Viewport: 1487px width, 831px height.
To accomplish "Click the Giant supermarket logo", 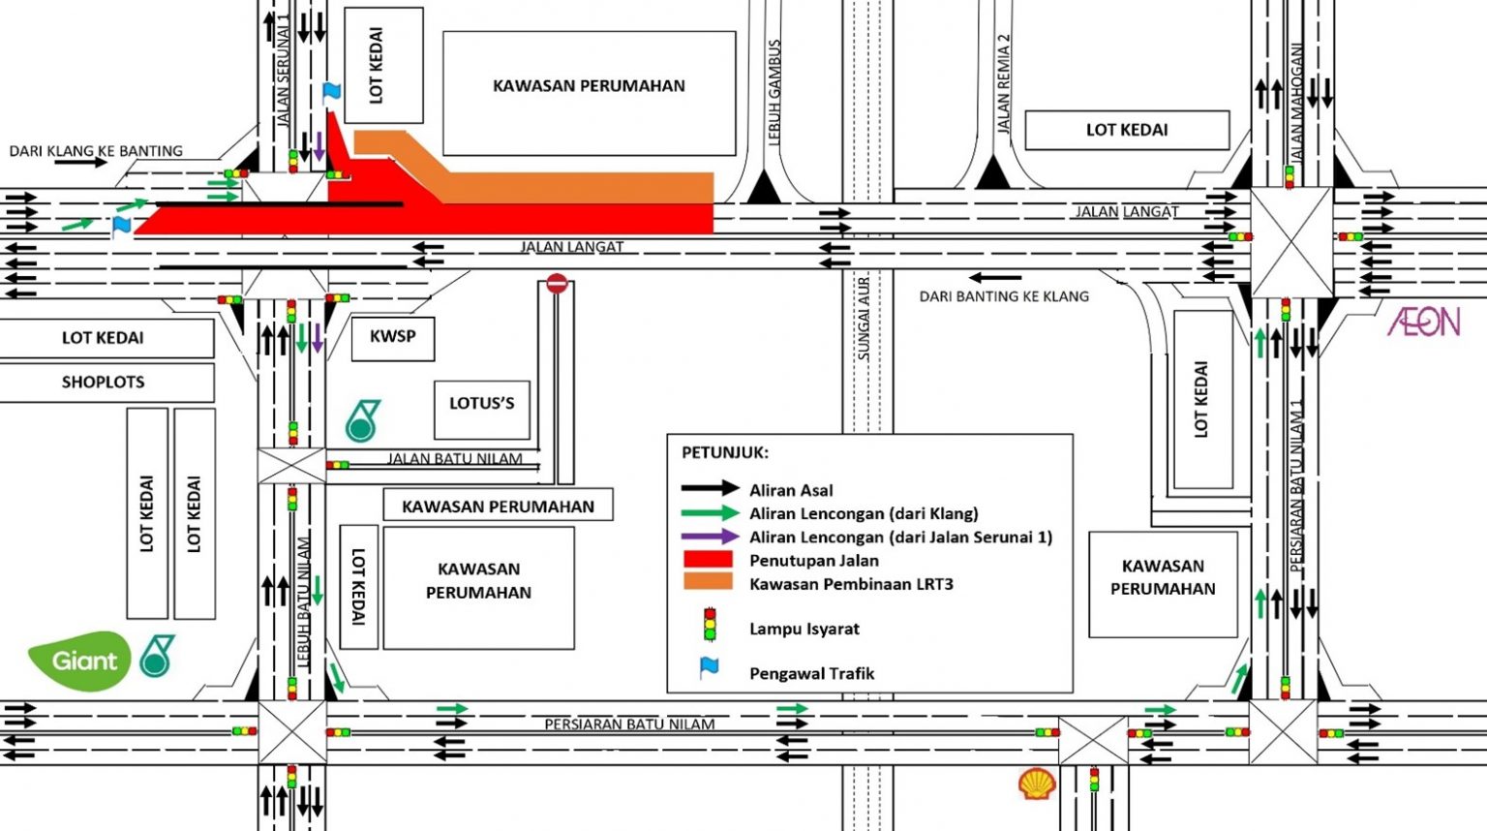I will pos(79,661).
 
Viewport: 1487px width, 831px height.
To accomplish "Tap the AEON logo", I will pos(1423,322).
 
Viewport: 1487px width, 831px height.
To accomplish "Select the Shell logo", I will pos(1037,784).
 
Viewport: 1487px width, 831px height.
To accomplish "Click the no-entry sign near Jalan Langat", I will pos(557,284).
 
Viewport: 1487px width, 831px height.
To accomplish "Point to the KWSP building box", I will pos(392,337).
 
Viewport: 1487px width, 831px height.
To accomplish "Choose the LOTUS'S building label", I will pos(481,404).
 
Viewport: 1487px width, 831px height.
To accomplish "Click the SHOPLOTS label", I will pos(104,383).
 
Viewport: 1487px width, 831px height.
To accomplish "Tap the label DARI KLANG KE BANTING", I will pos(96,151).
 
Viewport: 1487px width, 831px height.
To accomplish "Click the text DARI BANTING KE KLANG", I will pos(1004,296).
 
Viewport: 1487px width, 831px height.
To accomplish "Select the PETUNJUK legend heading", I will pos(725,452).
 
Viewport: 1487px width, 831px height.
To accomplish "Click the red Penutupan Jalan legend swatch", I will pos(708,560).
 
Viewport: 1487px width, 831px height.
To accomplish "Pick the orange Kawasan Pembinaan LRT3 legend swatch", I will pos(708,583).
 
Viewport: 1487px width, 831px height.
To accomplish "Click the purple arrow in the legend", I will pos(710,537).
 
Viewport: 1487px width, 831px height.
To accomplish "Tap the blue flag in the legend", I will pos(710,668).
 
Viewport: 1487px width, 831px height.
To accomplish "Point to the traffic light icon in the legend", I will pos(710,625).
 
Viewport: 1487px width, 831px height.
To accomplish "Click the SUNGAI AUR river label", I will pos(864,320).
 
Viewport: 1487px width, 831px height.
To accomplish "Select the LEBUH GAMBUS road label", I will pos(774,92).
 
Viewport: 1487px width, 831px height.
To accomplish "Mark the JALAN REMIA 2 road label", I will pos(1004,83).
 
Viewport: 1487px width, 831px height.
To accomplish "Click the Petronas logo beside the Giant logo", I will pos(157,656).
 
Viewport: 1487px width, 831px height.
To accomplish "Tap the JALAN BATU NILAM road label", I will pos(455,459).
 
